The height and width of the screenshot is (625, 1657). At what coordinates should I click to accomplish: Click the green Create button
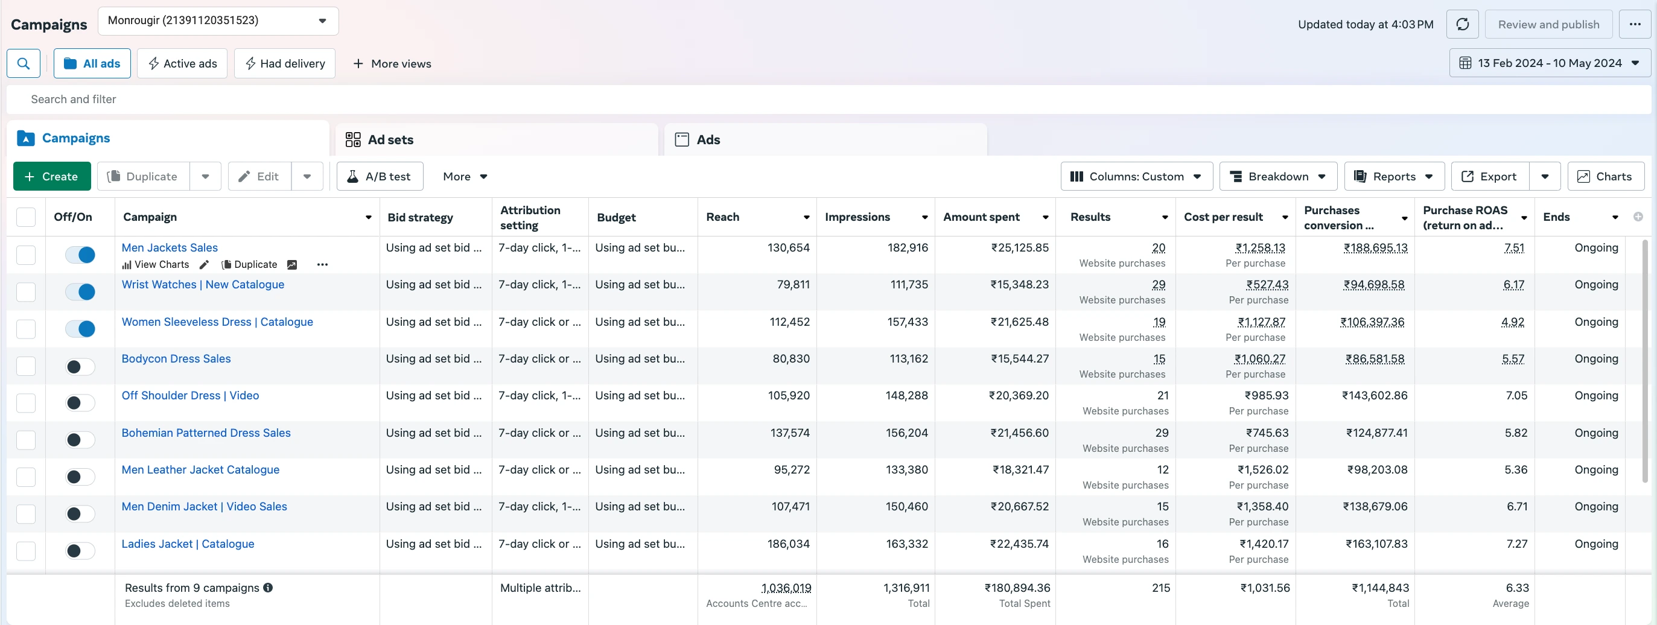coord(51,176)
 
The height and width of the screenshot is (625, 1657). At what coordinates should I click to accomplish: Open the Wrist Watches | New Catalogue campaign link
coord(203,284)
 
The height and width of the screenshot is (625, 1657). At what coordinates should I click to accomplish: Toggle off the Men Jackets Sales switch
coord(80,255)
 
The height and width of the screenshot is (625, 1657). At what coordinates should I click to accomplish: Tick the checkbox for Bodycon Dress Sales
coord(26,366)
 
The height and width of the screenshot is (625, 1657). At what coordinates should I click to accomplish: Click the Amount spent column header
coord(981,217)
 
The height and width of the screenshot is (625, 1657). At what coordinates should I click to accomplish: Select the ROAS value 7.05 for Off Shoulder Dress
coord(1516,395)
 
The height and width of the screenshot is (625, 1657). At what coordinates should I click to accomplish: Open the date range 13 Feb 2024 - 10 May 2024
coord(1550,63)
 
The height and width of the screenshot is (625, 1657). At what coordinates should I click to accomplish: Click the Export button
coord(1490,176)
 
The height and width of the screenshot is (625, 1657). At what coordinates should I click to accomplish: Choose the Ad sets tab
coord(497,139)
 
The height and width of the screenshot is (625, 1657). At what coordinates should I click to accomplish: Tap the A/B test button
coord(380,176)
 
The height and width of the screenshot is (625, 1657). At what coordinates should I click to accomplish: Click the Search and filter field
coord(828,99)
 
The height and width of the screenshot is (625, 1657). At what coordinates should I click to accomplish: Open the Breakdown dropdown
coord(1277,176)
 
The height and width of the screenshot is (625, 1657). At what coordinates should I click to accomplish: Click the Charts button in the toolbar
coord(1606,176)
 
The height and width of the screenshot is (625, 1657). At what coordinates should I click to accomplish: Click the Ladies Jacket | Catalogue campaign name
coord(188,544)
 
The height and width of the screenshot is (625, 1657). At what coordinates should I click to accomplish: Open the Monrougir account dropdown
coord(218,21)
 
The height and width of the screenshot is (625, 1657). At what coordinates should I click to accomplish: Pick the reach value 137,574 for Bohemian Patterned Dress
coord(790,433)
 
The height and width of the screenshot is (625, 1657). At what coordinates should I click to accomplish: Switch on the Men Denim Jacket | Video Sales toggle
coord(80,514)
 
